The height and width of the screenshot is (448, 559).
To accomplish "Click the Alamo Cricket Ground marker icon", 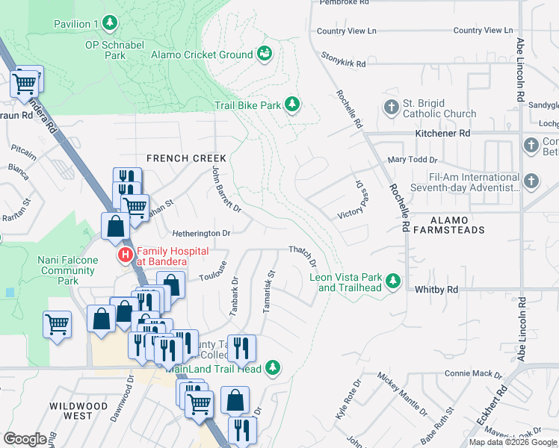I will tap(264, 54).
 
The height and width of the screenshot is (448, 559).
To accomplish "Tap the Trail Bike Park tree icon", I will tap(293, 105).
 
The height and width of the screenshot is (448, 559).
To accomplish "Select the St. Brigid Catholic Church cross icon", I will tap(390, 108).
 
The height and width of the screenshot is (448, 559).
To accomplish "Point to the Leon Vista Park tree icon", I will tap(393, 281).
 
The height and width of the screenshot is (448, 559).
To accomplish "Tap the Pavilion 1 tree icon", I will tap(111, 24).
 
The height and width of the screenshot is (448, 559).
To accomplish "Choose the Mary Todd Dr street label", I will tap(412, 160).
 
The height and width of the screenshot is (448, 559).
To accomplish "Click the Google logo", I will tap(25, 439).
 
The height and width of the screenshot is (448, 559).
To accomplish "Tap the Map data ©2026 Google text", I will tap(513, 442).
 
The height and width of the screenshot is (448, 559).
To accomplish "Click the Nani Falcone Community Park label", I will tap(68, 270).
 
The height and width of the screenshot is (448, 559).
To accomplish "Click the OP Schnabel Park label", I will tap(114, 49).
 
